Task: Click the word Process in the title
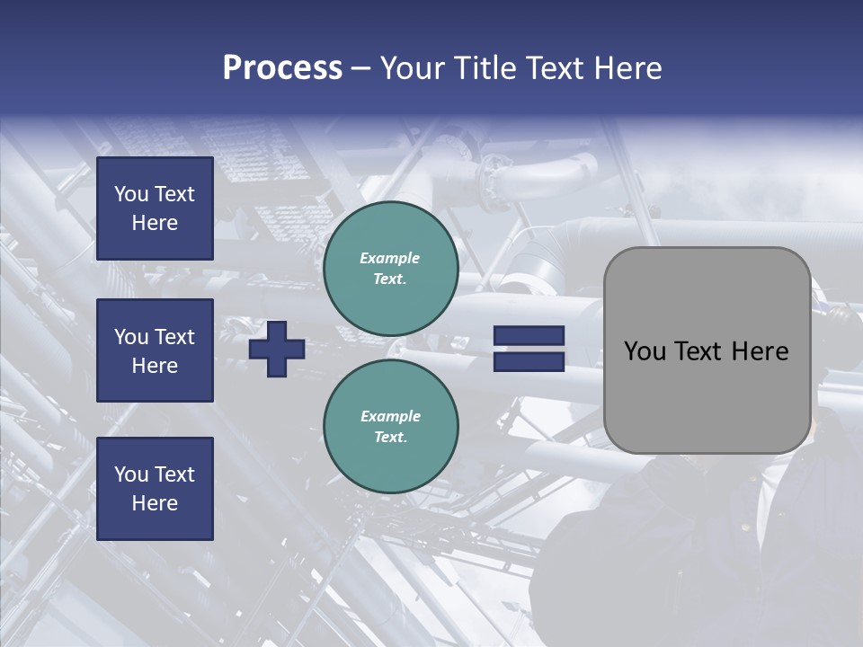(282, 68)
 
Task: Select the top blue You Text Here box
(155, 208)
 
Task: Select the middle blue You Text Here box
(155, 350)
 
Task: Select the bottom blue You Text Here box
(155, 489)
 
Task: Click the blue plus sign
(277, 350)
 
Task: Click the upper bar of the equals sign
(529, 336)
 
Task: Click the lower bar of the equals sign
(529, 362)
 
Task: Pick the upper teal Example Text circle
(391, 269)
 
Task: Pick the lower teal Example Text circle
(391, 427)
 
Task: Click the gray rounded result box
(707, 350)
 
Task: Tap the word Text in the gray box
(697, 351)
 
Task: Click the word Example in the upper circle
(390, 258)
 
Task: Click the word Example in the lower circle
(391, 416)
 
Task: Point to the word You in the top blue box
(131, 194)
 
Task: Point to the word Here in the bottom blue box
(155, 503)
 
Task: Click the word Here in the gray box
(760, 351)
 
